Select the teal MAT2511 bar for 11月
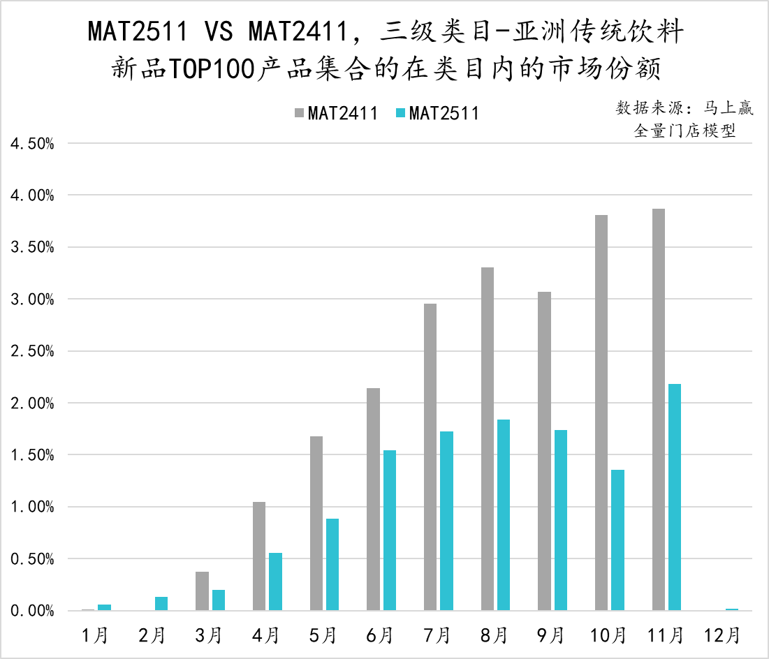[x=675, y=497]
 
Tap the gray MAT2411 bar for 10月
[x=601, y=413]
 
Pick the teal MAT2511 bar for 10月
[x=617, y=540]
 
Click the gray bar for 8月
[x=487, y=439]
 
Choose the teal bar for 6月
[x=390, y=531]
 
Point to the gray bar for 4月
[x=258, y=556]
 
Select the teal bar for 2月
[x=161, y=604]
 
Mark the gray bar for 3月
[x=202, y=591]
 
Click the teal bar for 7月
[x=447, y=521]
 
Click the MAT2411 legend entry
[x=336, y=113]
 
